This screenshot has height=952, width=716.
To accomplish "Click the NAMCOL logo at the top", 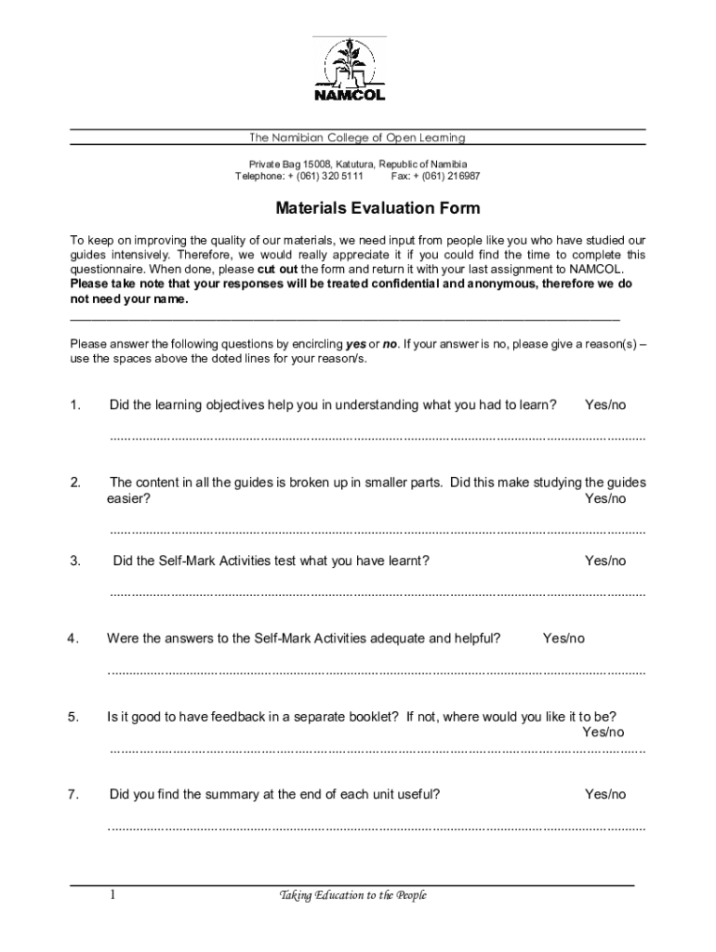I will point(349,71).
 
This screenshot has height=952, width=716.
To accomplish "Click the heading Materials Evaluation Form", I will point(357,208).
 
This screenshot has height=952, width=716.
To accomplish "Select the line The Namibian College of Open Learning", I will point(357,138).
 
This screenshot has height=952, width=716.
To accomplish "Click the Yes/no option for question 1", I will point(605,404).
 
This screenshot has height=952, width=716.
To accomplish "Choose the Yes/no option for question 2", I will point(605,498).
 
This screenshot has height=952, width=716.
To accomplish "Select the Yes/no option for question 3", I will point(605,561).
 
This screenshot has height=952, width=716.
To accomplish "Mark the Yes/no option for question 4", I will point(564,638).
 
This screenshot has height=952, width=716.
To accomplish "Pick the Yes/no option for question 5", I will point(603,732).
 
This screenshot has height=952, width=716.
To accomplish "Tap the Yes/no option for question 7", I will point(605,794).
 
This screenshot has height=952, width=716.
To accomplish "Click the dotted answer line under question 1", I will point(377,437).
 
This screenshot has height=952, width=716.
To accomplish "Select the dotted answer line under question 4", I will point(377,671).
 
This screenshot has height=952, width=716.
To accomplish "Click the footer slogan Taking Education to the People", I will point(353,895).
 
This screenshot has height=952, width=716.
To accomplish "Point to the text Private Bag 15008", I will point(275,164).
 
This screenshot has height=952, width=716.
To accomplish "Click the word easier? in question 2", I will point(128,498).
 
